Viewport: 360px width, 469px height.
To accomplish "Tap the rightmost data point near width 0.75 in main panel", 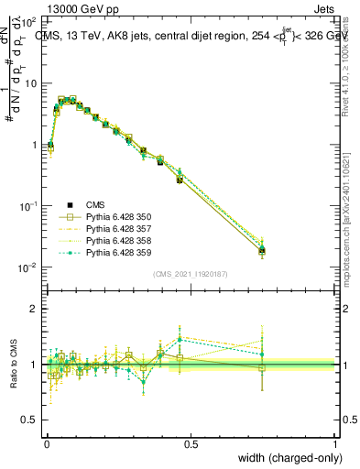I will pyautogui.click(x=262, y=250).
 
